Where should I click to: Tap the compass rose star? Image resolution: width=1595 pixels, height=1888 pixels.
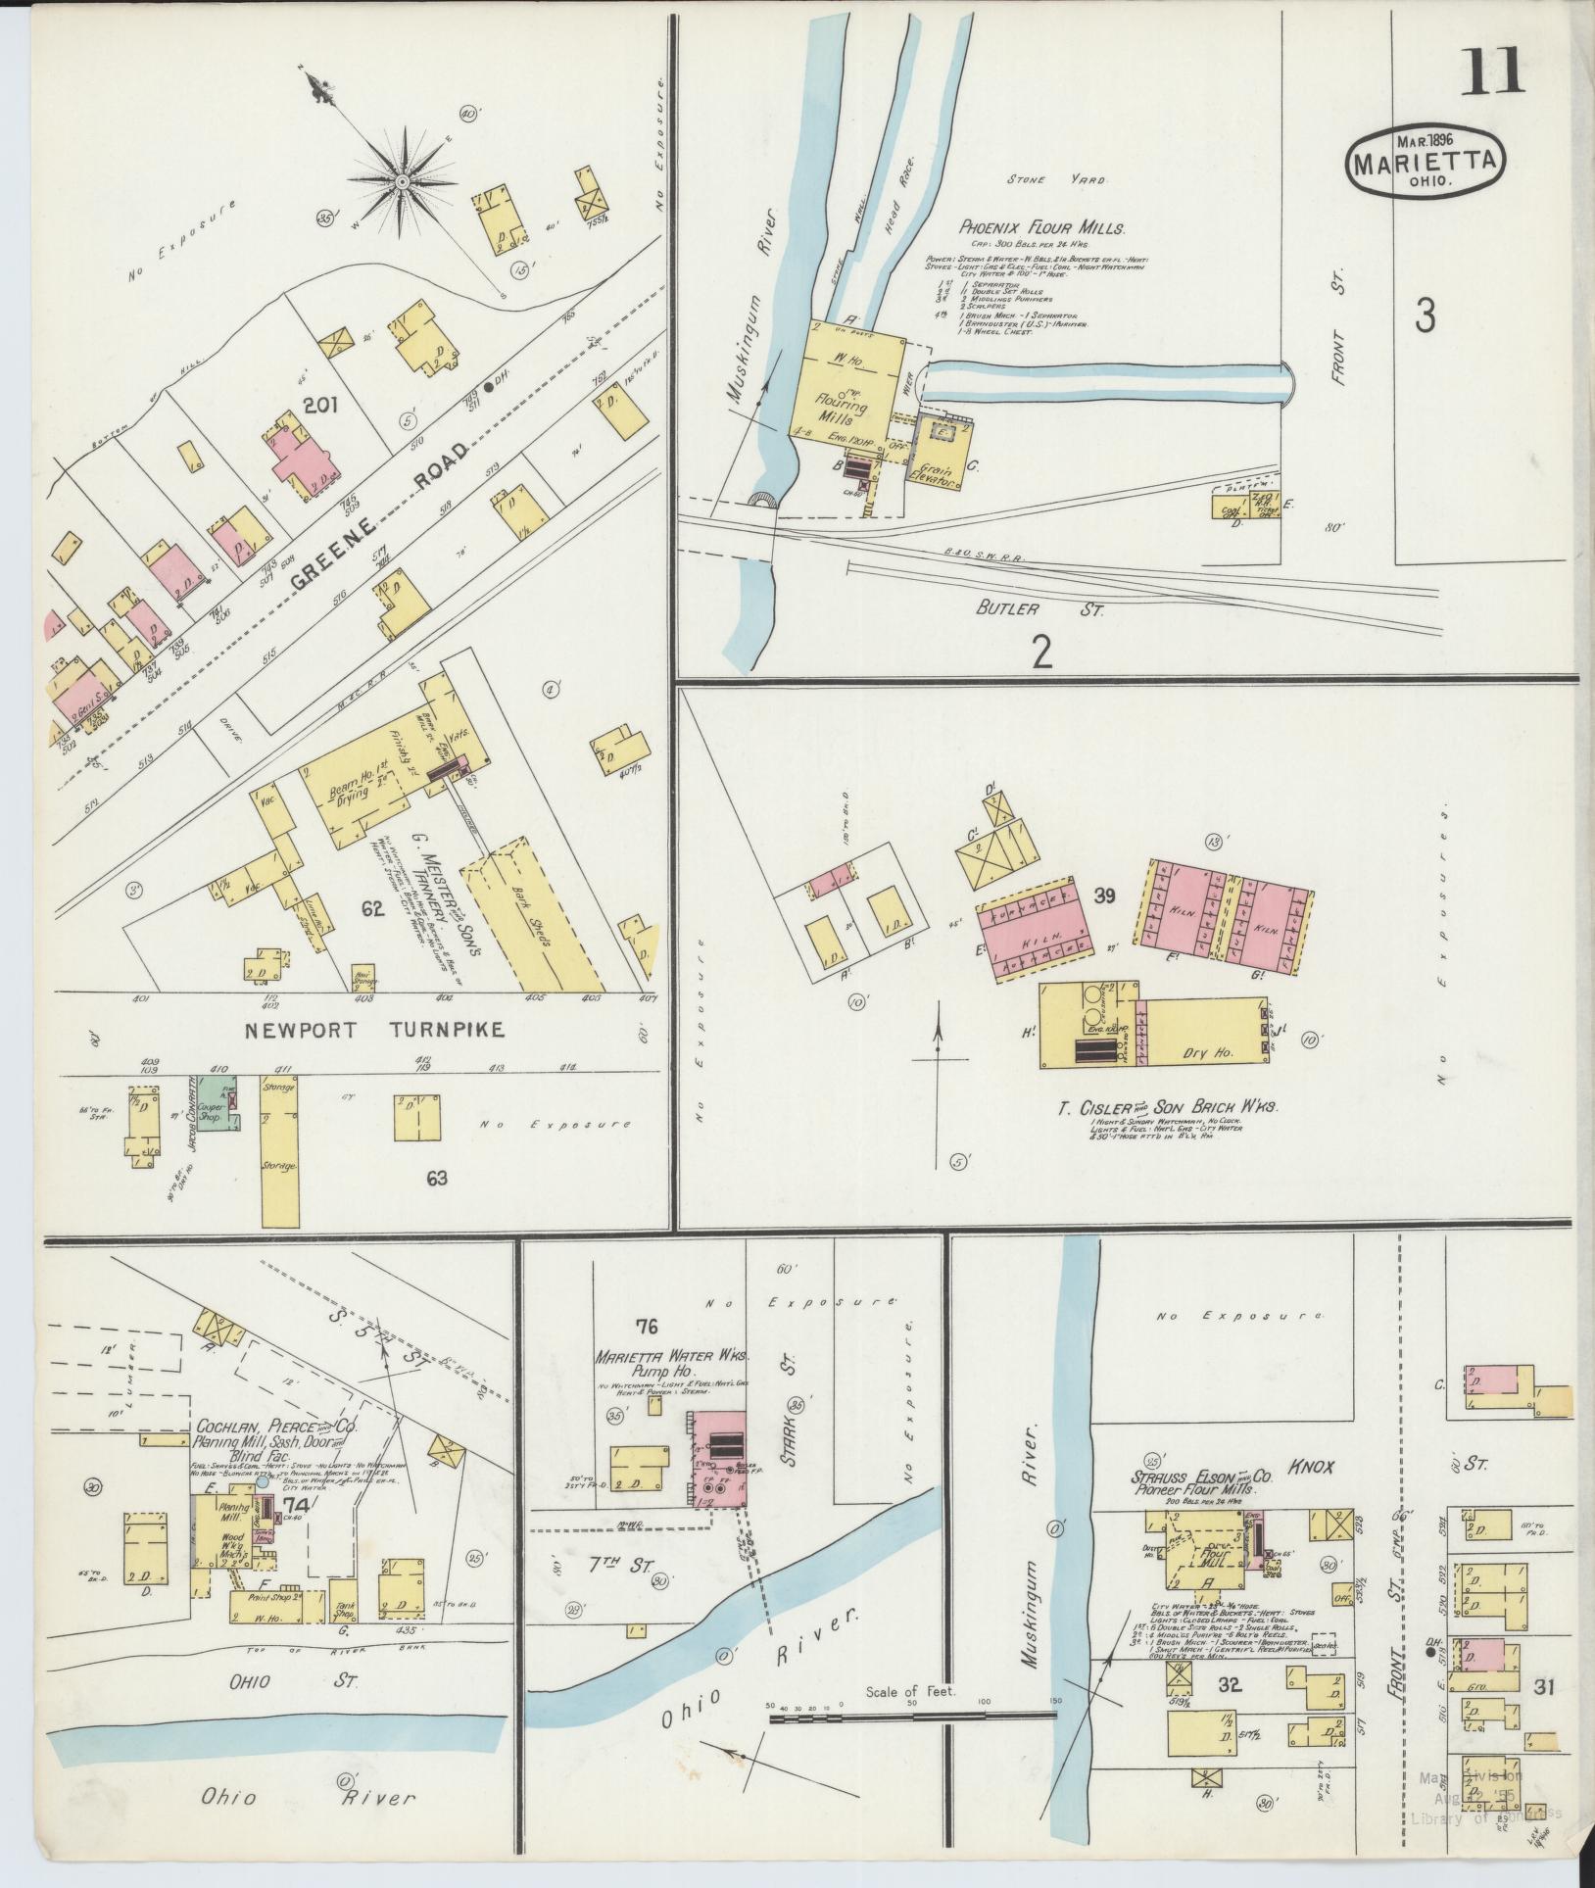[x=401, y=183]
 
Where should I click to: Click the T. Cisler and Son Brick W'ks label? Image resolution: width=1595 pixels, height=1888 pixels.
[x=1168, y=1107]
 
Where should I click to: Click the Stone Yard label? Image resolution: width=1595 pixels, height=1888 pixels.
[x=1070, y=181]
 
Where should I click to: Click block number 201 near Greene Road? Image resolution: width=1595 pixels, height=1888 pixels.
[x=320, y=404]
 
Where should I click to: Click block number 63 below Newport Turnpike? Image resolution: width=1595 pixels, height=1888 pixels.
[x=436, y=1178]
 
